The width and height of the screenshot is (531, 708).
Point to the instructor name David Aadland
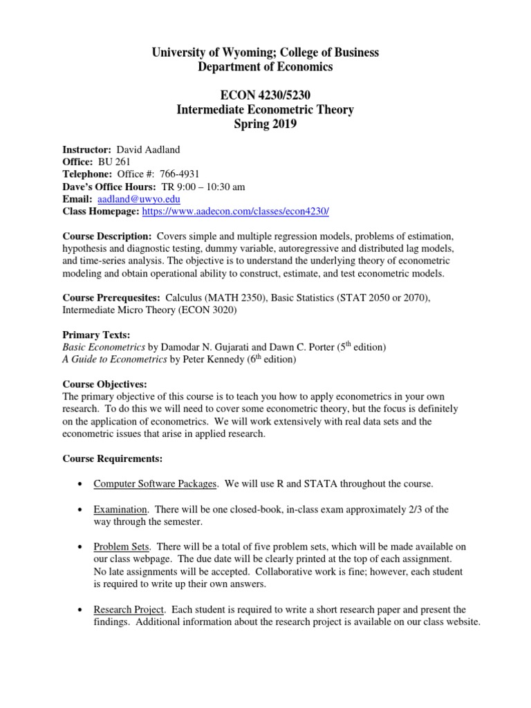[x=144, y=149]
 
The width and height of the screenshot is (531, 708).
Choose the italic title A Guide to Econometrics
[x=115, y=360]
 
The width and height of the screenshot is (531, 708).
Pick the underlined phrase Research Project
[x=129, y=610]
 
